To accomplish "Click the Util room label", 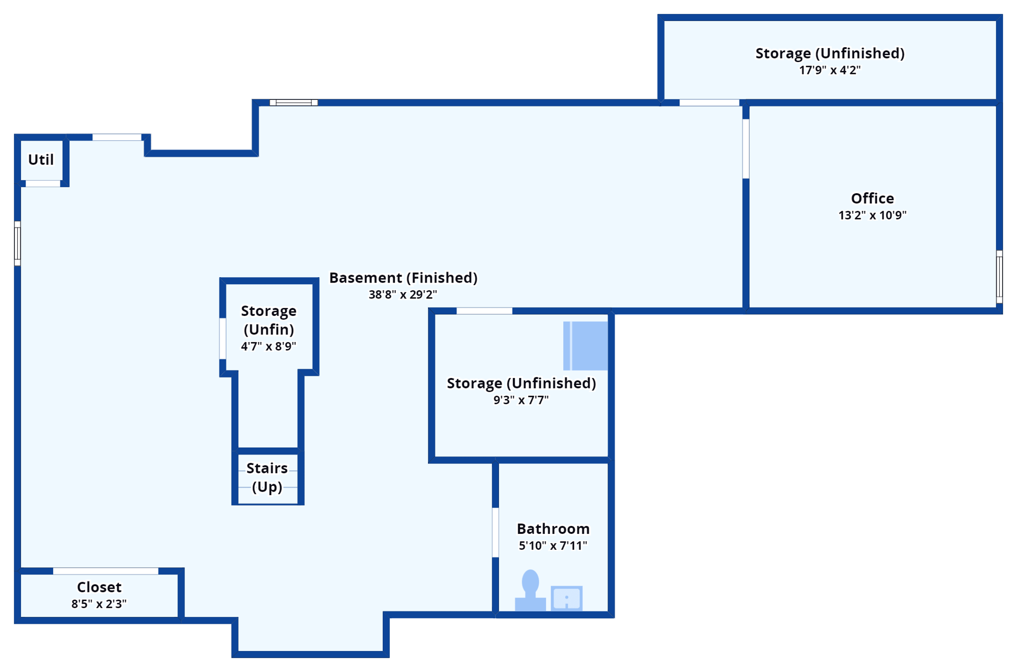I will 41,160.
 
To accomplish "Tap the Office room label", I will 872,198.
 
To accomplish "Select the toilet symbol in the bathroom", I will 530,591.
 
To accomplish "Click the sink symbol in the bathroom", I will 567,598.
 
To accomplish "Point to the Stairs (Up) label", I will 267,477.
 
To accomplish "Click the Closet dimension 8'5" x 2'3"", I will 99,604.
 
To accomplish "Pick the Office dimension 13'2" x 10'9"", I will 872,215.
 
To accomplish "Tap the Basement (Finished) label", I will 403,278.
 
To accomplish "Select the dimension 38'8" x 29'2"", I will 403,295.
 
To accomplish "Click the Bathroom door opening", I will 496,532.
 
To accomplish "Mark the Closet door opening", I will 105,571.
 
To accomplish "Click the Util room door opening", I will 43,184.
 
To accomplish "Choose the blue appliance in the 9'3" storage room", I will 585,346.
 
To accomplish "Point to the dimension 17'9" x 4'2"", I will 830,70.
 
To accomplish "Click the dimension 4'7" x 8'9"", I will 269,346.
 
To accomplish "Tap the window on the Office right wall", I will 999,277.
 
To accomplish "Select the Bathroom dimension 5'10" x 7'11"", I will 553,546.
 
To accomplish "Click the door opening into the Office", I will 746,149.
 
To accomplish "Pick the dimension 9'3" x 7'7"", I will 521,400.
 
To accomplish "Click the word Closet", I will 99,587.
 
